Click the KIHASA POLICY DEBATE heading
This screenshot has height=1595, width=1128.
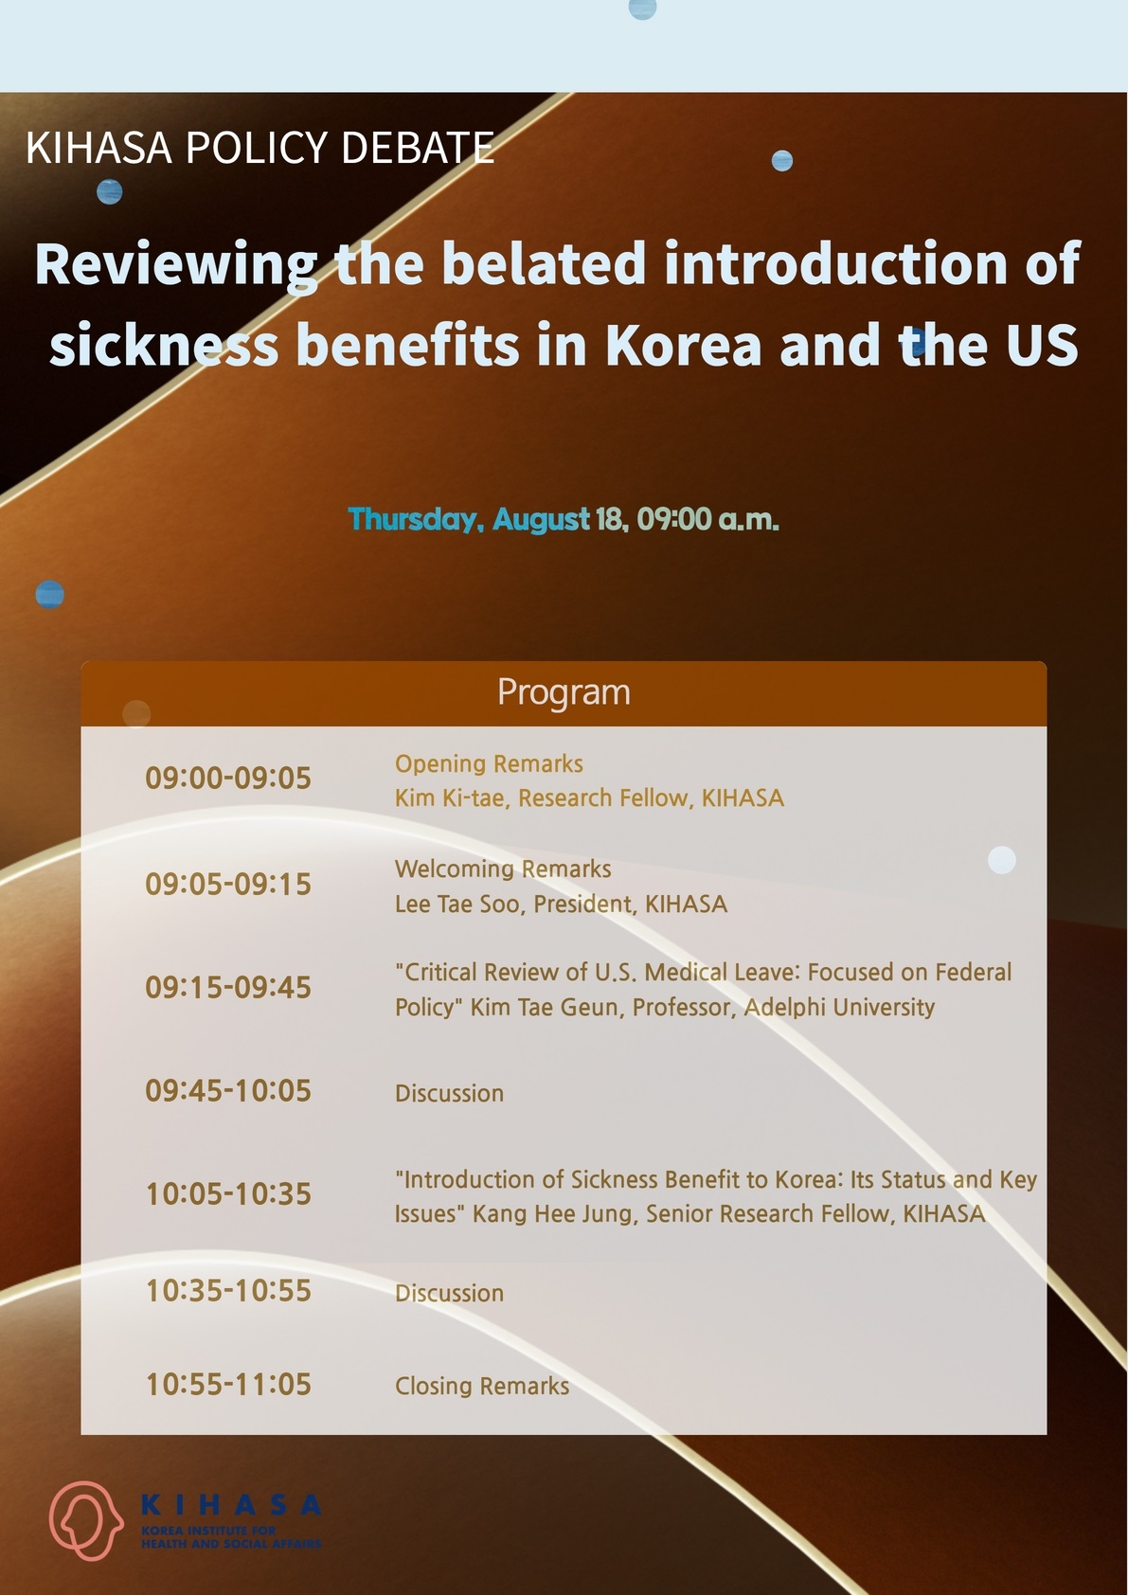point(260,148)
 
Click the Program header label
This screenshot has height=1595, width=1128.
point(564,692)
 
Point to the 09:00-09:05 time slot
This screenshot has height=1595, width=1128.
point(228,779)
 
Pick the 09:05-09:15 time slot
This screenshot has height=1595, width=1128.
point(228,885)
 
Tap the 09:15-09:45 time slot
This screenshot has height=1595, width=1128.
point(228,988)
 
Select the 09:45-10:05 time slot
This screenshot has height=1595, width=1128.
point(228,1090)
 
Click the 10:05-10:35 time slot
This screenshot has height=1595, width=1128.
point(228,1194)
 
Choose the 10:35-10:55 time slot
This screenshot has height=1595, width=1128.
point(228,1290)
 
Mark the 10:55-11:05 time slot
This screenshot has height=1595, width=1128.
point(228,1384)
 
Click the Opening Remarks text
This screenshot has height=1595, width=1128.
point(489,764)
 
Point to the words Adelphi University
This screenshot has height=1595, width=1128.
point(839,1007)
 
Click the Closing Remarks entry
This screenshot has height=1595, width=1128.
point(482,1386)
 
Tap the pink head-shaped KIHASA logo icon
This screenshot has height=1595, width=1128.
point(85,1520)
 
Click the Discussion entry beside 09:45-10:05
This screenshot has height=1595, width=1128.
point(449,1093)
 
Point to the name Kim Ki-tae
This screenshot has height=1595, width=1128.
point(450,797)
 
